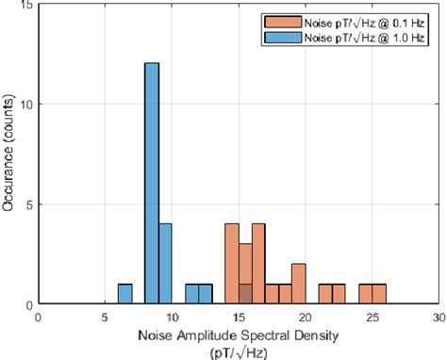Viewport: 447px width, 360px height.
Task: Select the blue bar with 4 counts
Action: click(165, 264)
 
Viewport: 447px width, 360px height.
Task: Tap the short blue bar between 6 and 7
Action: click(124, 294)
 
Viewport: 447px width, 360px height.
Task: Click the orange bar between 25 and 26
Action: click(379, 294)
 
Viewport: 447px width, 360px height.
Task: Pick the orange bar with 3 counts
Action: click(245, 273)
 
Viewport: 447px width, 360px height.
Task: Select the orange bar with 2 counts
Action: click(299, 284)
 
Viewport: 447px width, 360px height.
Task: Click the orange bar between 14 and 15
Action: click(232, 264)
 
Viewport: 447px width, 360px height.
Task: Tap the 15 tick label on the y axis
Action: click(25, 6)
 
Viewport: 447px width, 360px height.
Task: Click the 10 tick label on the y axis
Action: click(25, 104)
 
